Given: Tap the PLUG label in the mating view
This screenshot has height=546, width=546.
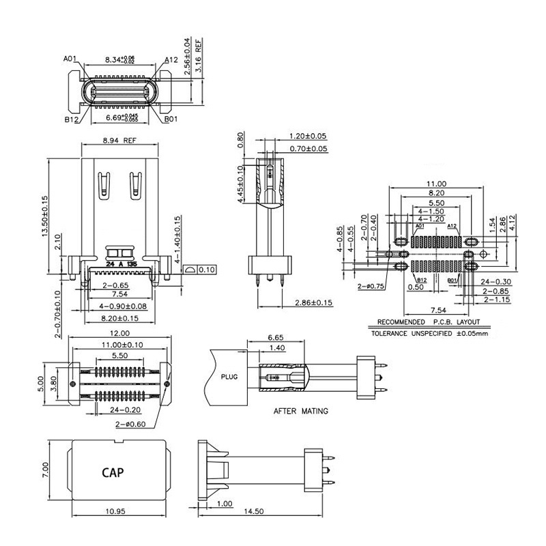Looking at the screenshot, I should pyautogui.click(x=229, y=376).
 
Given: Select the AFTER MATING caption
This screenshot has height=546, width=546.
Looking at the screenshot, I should pyautogui.click(x=300, y=412).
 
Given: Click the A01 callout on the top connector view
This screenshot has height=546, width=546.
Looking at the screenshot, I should pyautogui.click(x=70, y=59).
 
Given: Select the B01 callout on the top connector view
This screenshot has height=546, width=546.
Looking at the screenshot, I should pyautogui.click(x=171, y=119).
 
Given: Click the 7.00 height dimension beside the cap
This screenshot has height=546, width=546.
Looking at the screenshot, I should pyautogui.click(x=45, y=470).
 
